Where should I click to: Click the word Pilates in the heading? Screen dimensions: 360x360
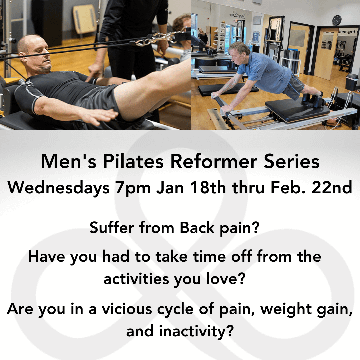coord(133,161)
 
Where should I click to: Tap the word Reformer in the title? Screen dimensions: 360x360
coord(214,161)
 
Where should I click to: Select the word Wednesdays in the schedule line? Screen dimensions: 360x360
coord(59,188)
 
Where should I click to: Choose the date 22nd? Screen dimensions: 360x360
coord(332,188)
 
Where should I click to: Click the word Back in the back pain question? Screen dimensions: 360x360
coord(197,228)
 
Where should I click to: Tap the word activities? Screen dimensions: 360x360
coord(136,279)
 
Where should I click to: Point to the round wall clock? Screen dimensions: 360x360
coord(337,20)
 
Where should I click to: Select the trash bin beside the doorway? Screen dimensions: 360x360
coord(352,82)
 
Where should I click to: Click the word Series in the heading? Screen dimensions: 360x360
coord(292,161)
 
